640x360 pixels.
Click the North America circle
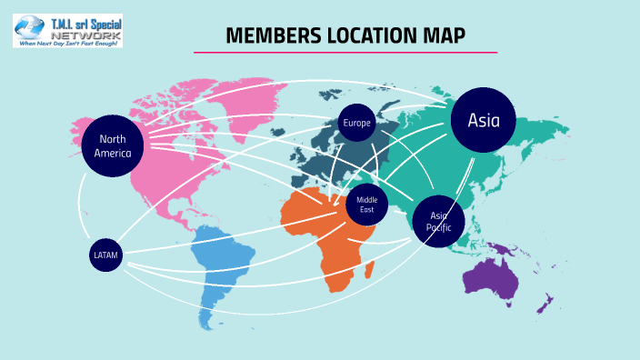[113, 146]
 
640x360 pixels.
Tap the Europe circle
[357, 124]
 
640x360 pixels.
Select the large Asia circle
[483, 120]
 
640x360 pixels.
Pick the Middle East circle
[366, 204]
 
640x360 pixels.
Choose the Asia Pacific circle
[439, 221]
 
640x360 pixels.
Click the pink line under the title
[345, 53]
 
